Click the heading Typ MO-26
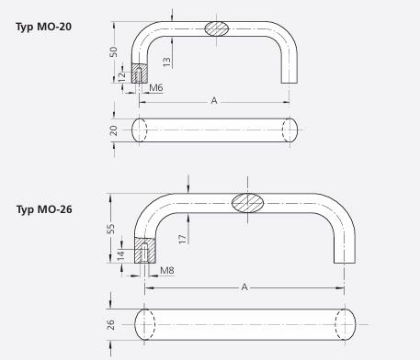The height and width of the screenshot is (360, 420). (45, 209)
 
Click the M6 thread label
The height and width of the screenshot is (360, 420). (156, 87)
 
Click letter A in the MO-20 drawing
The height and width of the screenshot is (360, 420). (215, 99)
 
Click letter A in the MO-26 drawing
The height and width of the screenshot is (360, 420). (244, 287)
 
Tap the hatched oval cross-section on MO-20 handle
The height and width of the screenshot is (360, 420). (217, 28)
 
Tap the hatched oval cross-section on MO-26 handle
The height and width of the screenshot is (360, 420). (247, 203)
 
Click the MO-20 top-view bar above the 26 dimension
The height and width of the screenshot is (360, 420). (216, 129)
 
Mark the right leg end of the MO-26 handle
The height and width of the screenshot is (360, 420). (344, 260)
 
